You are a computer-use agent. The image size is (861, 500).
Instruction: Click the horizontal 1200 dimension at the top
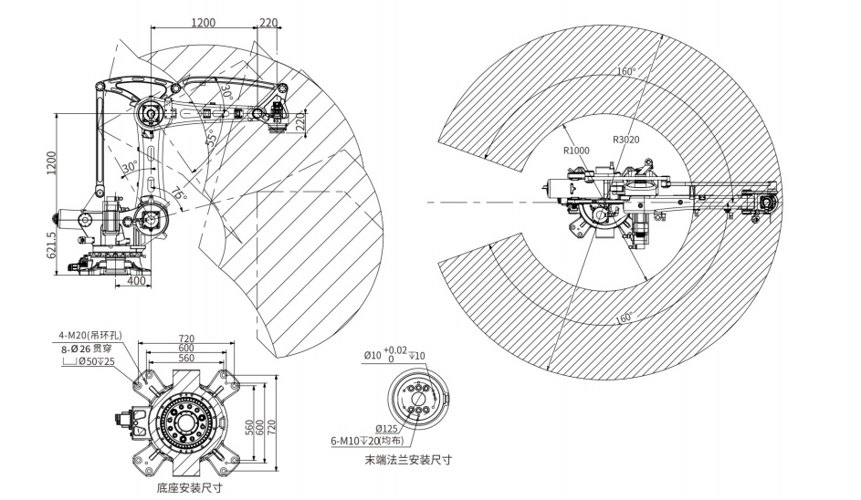coord(204,23)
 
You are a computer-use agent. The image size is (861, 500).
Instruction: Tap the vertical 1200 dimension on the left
coord(52,163)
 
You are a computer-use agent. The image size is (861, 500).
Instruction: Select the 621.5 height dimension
coord(52,253)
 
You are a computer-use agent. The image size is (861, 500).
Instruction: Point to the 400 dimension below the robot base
coord(136,281)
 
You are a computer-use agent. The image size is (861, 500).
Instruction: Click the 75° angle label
coord(179,195)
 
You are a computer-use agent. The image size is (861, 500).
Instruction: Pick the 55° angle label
coord(211,137)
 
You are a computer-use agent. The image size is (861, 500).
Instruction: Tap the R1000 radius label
coord(576,151)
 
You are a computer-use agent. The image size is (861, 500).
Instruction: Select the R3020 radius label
coord(626,140)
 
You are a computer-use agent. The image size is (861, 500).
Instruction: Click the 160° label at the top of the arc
coord(626,71)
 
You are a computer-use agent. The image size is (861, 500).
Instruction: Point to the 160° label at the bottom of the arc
coord(624,318)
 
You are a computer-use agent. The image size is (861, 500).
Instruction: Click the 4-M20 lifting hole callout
coord(90,336)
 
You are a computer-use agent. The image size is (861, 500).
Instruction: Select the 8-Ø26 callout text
coord(86,348)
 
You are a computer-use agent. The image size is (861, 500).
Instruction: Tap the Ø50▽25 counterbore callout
coord(88,360)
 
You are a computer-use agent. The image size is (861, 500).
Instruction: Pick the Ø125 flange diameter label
coord(386,429)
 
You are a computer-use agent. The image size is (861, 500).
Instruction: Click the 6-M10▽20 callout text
coord(367,441)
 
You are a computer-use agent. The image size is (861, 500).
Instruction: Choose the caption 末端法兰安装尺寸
coord(408,460)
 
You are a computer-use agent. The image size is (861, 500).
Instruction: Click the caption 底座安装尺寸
coord(189,487)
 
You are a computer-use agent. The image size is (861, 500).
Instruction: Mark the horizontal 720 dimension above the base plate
coord(186,339)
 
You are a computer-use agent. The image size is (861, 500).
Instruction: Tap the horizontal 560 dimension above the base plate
coord(186,358)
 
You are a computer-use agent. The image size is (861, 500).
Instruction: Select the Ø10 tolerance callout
coord(394,355)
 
